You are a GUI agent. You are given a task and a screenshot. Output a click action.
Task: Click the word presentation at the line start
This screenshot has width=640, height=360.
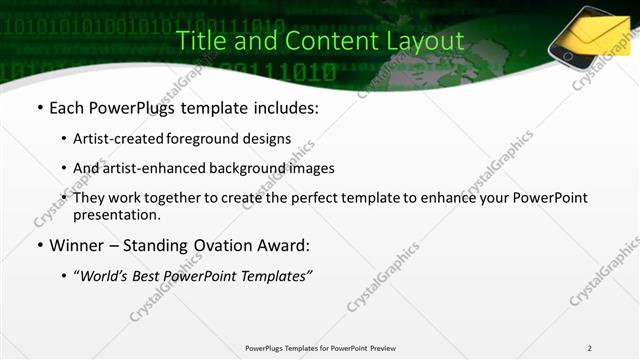[x=116, y=214]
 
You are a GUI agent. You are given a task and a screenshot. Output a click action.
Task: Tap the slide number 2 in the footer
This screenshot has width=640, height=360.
[x=590, y=348]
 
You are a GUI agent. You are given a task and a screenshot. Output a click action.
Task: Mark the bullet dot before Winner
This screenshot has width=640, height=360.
[x=38, y=245]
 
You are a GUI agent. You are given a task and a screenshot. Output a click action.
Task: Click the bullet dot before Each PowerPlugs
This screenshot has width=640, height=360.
[x=38, y=106]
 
